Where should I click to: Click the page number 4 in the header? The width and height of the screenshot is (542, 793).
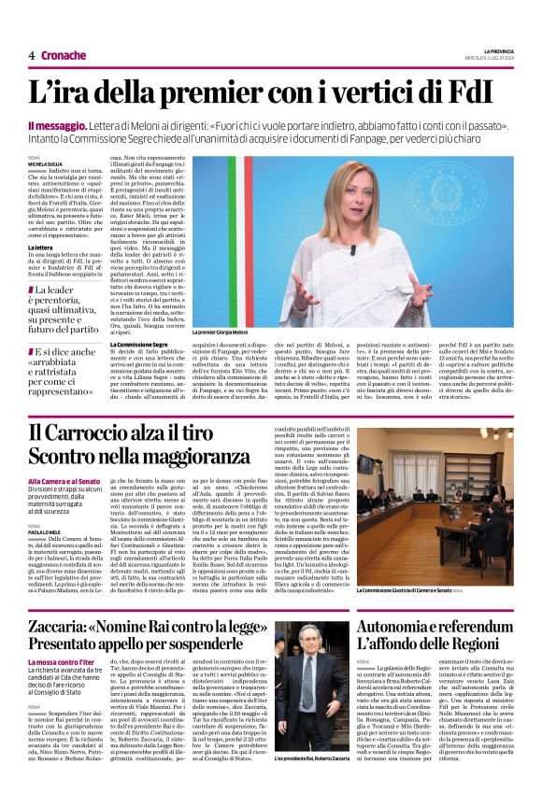(32, 55)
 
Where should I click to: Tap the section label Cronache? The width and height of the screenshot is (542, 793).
(64, 55)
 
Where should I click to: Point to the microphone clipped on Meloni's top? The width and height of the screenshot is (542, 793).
(352, 249)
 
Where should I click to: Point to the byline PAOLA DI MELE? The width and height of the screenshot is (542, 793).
(47, 531)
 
